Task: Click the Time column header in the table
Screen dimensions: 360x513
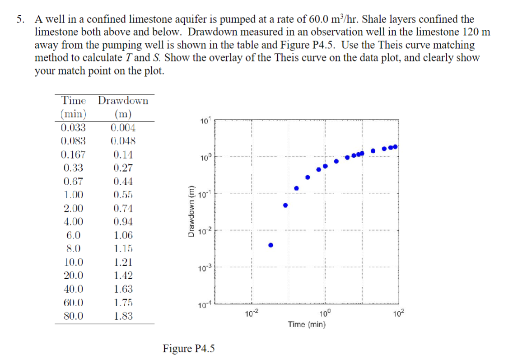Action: coord(75,100)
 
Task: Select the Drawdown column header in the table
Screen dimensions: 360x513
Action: coord(123,100)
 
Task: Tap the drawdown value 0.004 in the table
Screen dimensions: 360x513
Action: coord(123,127)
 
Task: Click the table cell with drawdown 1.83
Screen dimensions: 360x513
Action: coord(123,316)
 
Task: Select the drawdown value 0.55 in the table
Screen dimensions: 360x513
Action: coord(123,195)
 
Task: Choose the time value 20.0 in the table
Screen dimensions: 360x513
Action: coord(74,276)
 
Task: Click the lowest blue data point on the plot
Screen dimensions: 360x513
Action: coord(270,245)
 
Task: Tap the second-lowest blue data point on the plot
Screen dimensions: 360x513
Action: coord(285,205)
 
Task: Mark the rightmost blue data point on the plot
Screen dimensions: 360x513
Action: coord(395,147)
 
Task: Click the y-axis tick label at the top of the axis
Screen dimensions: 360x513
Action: coord(205,121)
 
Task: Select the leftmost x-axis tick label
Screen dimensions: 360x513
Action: coord(250,314)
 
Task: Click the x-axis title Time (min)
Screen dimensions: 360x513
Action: coord(307,324)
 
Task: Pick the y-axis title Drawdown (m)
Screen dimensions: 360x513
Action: coord(192,211)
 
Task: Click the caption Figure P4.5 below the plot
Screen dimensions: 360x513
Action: coord(189,349)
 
